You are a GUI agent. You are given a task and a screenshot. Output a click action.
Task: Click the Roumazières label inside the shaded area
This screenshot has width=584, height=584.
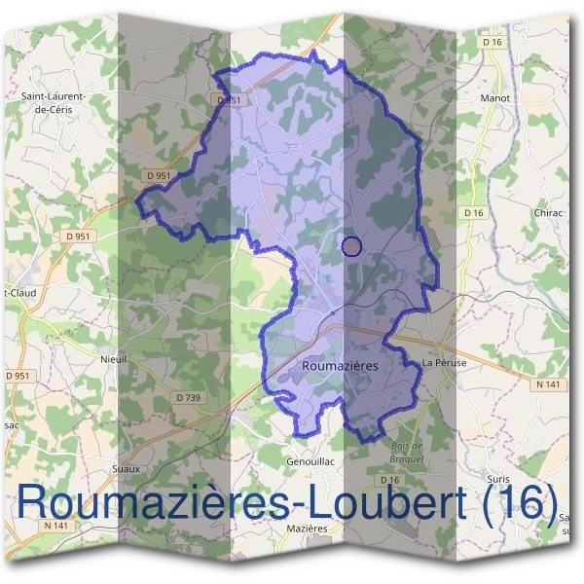340,366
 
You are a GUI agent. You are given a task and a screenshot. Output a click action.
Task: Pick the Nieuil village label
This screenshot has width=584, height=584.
114,359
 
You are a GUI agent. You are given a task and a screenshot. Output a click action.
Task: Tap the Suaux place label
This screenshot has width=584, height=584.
126,468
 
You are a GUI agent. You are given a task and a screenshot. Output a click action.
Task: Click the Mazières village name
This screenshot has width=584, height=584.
307,528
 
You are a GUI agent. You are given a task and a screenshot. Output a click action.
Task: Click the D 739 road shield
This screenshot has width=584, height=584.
189,397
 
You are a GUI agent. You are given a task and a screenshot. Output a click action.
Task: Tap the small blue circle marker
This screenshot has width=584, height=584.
352,246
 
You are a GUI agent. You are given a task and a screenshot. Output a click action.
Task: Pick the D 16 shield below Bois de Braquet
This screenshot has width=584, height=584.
389,480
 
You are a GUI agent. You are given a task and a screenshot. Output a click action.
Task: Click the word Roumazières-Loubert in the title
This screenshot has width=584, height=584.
254,502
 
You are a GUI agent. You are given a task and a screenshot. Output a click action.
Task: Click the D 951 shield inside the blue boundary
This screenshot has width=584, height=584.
231,100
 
